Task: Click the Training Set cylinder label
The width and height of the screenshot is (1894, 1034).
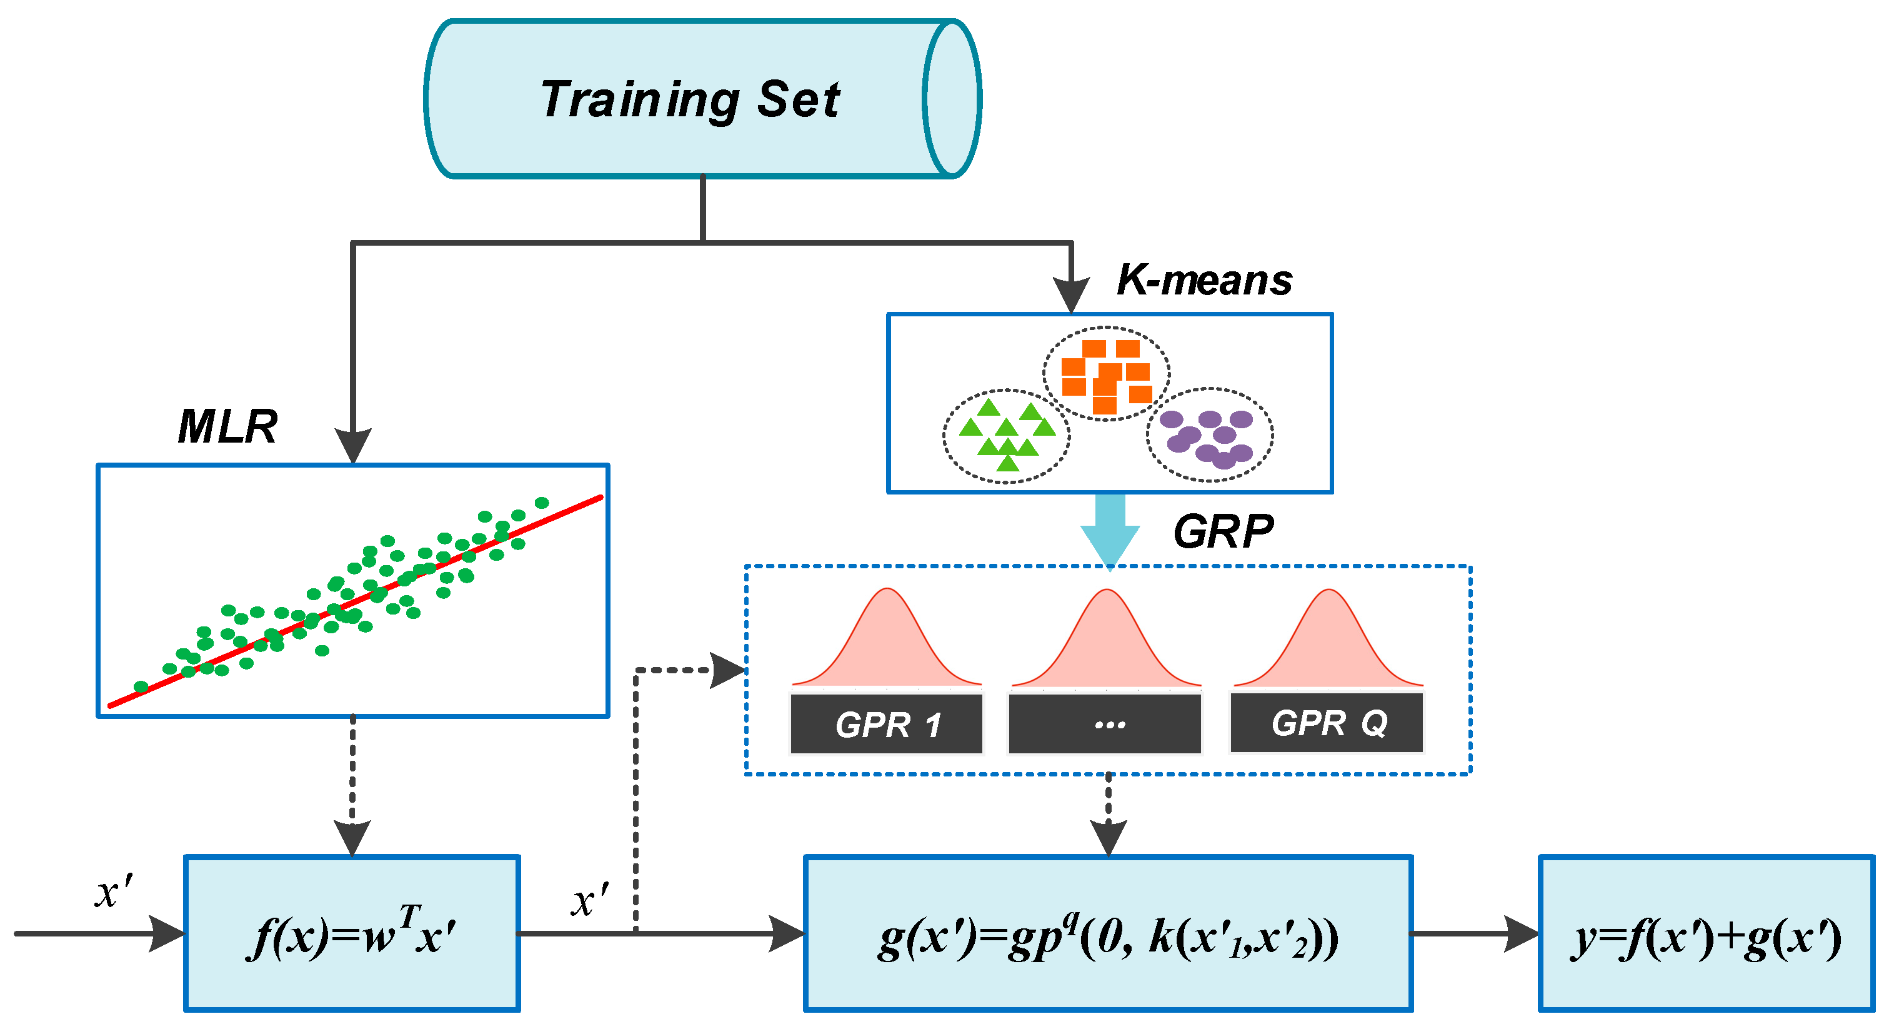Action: coord(690,99)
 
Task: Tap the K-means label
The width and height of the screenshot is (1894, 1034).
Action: coord(1204,280)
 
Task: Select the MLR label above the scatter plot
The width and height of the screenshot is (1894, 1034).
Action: coord(227,426)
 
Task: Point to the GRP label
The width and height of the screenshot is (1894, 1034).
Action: coord(1223,532)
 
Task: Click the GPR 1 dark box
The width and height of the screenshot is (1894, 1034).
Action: coord(887,725)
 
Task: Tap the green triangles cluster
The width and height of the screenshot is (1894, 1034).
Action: coord(1006,435)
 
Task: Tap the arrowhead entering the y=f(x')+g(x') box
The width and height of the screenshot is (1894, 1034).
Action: coord(1520,934)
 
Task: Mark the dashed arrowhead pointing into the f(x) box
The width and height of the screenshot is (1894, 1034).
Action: coord(352,838)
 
